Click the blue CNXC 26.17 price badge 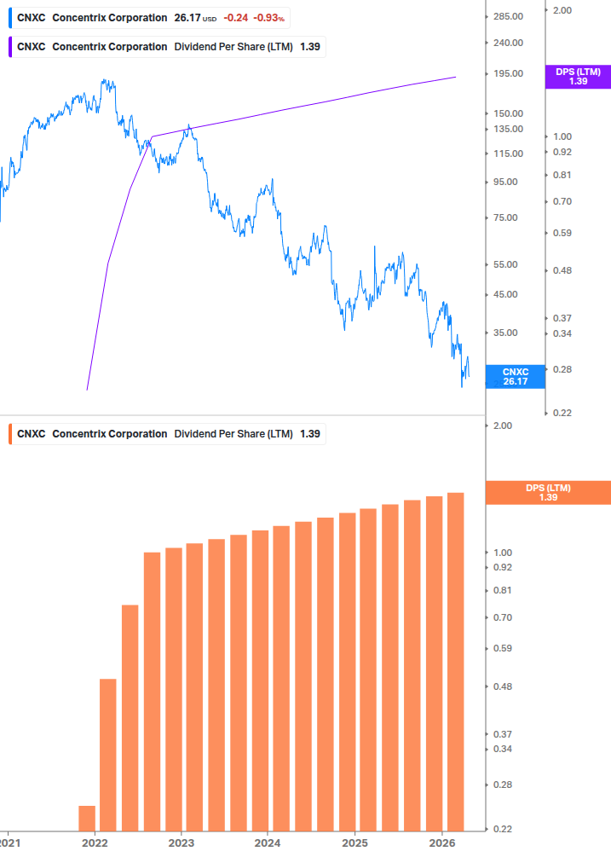point(515,376)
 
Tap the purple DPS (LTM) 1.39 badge point(577,77)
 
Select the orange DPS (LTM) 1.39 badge point(547,492)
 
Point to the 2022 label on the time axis point(95,841)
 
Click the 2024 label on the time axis point(268,841)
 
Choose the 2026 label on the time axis point(441,841)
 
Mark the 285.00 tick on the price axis point(508,16)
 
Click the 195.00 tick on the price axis point(508,73)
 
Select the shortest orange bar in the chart point(87,817)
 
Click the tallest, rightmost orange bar point(455,661)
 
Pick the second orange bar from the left point(108,754)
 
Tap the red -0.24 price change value point(235,18)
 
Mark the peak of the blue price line point(105,80)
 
